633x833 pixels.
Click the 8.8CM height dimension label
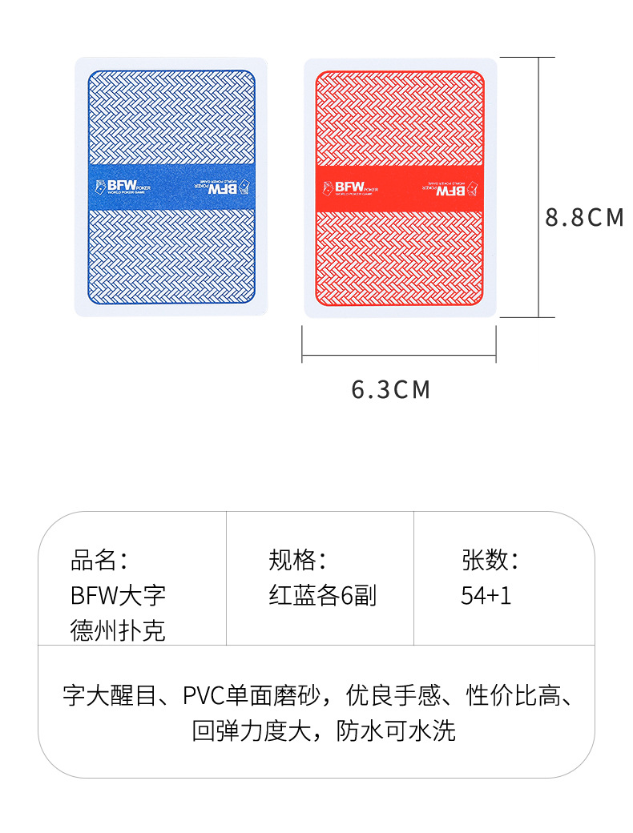pos(584,217)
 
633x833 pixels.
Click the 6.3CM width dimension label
pos(391,390)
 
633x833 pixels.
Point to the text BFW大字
pos(119,596)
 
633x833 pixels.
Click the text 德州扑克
pos(119,631)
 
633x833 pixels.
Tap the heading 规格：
pos(297,560)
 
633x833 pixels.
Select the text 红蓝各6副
pos(322,596)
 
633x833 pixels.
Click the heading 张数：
pos(490,560)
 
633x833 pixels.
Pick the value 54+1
pos(486,596)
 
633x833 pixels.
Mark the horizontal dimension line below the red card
pos(399,353)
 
